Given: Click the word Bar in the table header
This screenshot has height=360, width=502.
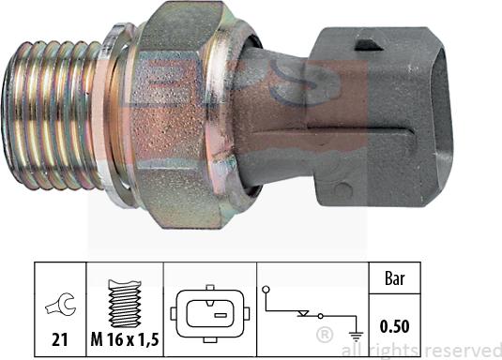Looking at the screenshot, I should (x=393, y=277).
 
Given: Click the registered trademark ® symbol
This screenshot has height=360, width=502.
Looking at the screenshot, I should (x=324, y=334).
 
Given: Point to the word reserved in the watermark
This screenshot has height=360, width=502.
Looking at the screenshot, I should (x=465, y=350).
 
